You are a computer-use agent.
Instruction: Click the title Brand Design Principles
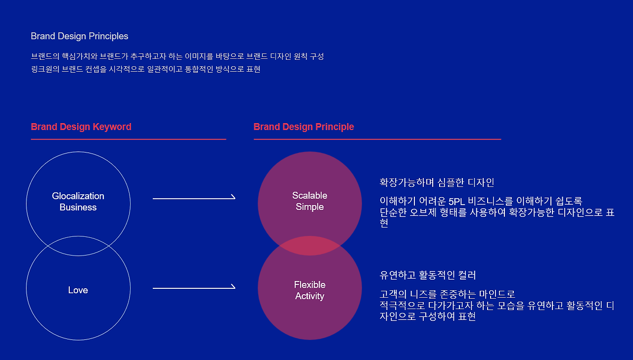79,36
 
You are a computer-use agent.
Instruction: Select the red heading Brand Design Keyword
81,127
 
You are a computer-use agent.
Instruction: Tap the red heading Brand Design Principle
304,127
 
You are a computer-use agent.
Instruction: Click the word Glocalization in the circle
78,196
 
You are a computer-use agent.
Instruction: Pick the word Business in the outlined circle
78,208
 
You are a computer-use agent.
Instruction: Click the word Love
78,290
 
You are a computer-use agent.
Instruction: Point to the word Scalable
310,196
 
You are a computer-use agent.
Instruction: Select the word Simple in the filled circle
310,207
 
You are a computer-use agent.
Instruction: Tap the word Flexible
310,285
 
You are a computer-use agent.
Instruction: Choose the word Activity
310,296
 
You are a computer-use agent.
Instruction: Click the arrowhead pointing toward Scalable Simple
233,198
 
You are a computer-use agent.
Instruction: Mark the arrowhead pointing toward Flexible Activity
233,287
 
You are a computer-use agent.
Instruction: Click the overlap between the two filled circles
310,246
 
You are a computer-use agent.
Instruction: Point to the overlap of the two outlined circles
78,246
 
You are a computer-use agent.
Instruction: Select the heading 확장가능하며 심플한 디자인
437,182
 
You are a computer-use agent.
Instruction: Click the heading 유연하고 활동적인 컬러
428,275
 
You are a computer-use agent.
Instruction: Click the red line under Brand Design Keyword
128,139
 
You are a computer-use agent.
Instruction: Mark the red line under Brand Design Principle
377,139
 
